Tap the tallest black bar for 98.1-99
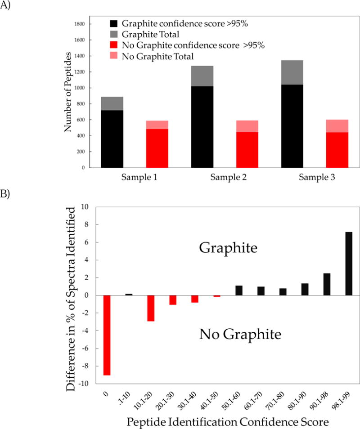[x=349, y=264]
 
